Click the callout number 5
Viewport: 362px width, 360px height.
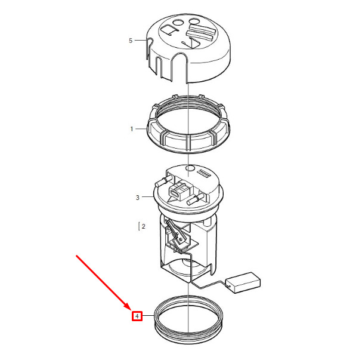click(x=131, y=41)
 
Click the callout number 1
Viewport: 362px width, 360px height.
click(x=132, y=129)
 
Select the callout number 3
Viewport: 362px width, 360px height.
click(x=138, y=198)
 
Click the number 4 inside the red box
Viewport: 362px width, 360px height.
click(x=137, y=316)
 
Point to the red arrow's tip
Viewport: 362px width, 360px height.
click(x=131, y=310)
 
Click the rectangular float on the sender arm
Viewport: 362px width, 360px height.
click(x=243, y=282)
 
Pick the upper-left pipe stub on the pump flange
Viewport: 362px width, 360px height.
click(x=163, y=180)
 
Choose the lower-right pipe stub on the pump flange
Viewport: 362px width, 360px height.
click(x=196, y=199)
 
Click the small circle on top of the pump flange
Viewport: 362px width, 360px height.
click(x=190, y=168)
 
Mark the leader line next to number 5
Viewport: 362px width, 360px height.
click(x=141, y=40)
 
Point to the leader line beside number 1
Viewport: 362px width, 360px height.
click(x=141, y=128)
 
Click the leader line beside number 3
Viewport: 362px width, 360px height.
click(x=148, y=196)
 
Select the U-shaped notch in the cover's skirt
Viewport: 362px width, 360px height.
click(x=180, y=67)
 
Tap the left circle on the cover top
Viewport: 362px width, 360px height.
click(x=178, y=23)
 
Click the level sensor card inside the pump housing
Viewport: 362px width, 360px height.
click(x=182, y=241)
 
